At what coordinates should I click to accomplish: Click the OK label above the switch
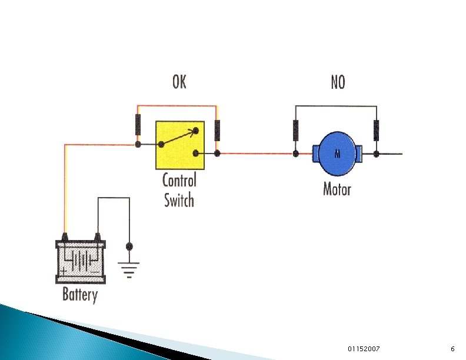(179, 82)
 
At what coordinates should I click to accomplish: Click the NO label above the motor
(337, 82)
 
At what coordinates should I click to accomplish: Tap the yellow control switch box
(180, 145)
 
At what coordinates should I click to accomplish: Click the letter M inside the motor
(338, 155)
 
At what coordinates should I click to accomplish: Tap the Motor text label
(337, 189)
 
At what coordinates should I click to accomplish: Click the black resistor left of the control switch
(138, 125)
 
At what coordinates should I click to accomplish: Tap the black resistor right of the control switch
(218, 129)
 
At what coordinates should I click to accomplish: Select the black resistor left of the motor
(296, 129)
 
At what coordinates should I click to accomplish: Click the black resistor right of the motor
(376, 129)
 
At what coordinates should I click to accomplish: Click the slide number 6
(452, 349)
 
